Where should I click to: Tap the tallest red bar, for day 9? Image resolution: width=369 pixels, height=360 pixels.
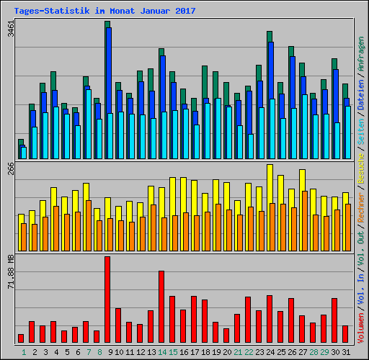(107, 299)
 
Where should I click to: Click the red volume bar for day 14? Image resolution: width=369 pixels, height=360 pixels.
(161, 306)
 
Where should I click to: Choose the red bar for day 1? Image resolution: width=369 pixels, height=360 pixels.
(21, 338)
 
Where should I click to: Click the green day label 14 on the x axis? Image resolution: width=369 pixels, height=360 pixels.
(162, 351)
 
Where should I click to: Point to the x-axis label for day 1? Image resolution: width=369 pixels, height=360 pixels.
(23, 351)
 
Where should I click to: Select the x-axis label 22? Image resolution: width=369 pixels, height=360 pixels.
(249, 351)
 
